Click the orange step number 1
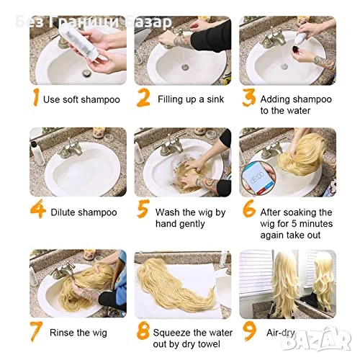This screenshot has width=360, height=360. coord(36,97)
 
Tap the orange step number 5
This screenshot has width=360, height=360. coord(143,209)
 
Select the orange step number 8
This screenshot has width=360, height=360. coord(143,330)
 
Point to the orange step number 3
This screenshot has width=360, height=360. coord(248,97)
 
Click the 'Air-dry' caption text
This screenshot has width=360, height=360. coord(281,333)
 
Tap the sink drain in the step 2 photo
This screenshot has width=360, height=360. coord(185,66)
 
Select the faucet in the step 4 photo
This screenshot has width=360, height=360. coord(71,149)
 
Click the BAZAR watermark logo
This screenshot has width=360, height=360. coord(316,338)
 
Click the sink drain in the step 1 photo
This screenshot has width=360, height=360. coord(87,73)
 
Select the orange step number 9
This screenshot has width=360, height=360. coord(248,331)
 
